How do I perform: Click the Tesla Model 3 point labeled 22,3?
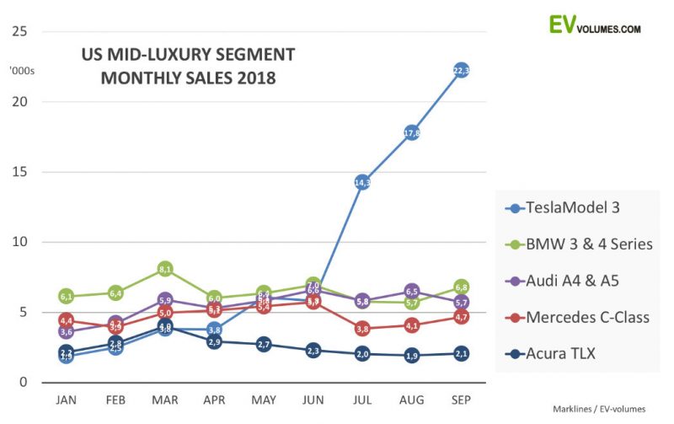pyautogui.click(x=461, y=70)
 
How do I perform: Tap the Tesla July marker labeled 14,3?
pyautogui.click(x=362, y=182)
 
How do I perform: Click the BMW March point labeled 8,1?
pyautogui.click(x=165, y=269)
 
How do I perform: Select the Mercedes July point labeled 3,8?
pyautogui.click(x=362, y=329)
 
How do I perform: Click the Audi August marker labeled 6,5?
pyautogui.click(x=412, y=292)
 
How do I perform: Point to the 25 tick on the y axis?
pyautogui.click(x=19, y=32)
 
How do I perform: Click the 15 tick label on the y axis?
pyautogui.click(x=19, y=172)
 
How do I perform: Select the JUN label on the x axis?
pyautogui.click(x=313, y=400)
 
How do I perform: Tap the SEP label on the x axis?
pyautogui.click(x=461, y=400)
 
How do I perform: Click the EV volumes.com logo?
pyautogui.click(x=594, y=24)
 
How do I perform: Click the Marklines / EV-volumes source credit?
pyautogui.click(x=599, y=409)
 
